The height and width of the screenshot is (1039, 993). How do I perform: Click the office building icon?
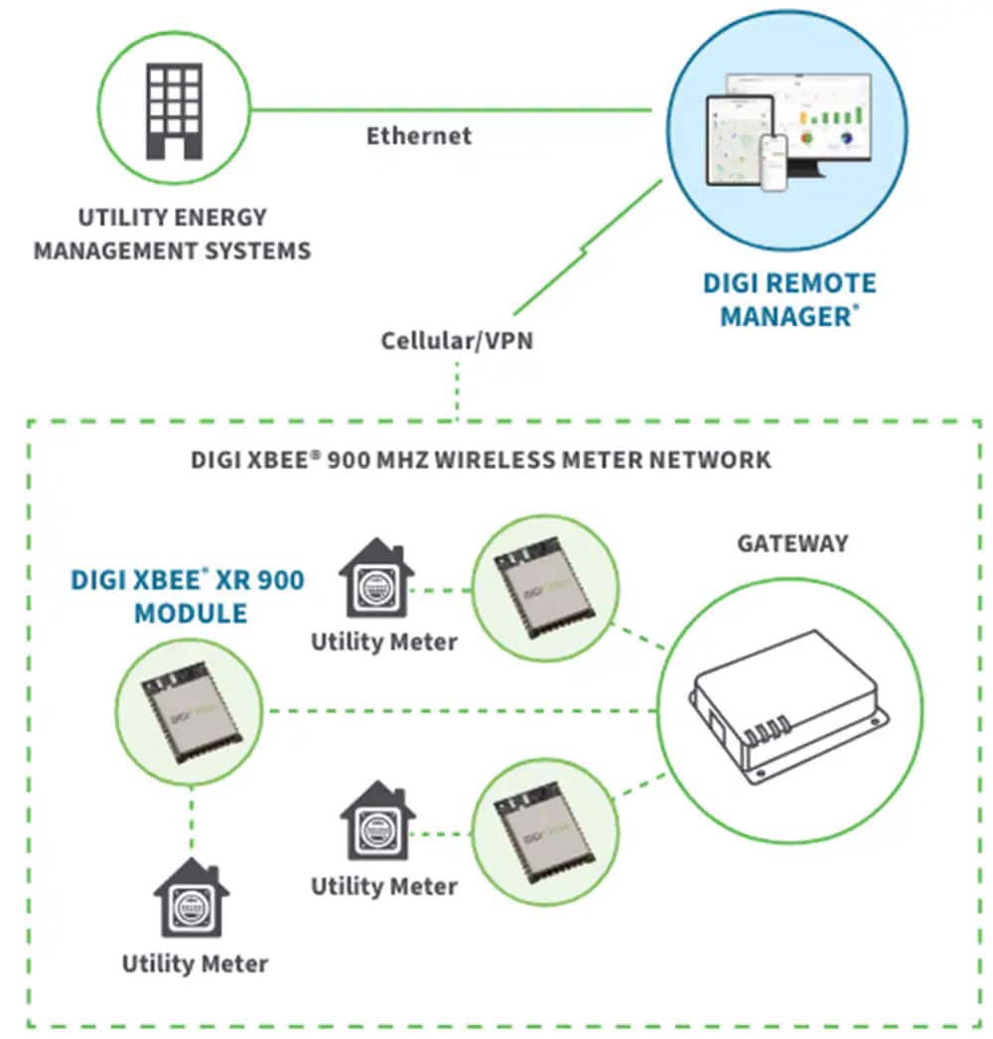tap(174, 111)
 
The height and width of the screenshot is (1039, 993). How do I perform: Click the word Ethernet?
tap(419, 136)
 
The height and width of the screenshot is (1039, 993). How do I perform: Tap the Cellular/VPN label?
tap(457, 341)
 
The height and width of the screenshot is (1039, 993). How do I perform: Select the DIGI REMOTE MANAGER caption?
tap(789, 300)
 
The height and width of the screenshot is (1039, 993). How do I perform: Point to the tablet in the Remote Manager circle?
tap(739, 139)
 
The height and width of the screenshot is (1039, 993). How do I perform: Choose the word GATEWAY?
tap(792, 543)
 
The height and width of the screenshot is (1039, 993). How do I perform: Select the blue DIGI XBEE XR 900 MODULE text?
tap(189, 596)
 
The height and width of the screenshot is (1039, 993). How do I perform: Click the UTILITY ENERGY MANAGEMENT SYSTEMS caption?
tap(172, 233)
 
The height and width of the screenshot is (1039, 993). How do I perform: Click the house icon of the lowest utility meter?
tap(192, 900)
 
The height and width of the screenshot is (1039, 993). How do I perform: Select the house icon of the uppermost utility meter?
tap(376, 579)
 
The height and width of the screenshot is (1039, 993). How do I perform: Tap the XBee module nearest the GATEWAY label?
tap(543, 591)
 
